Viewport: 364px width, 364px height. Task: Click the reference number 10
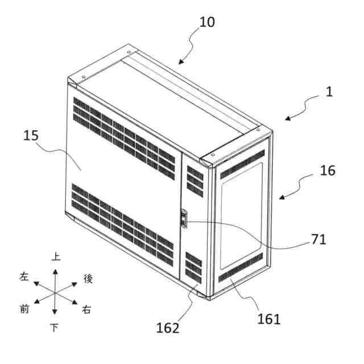(207, 23)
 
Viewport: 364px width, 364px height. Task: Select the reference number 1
(329, 92)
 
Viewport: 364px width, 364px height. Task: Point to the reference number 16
(328, 170)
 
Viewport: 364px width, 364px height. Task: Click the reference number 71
(319, 239)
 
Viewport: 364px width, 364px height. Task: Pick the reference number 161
(269, 318)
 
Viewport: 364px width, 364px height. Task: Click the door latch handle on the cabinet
(183, 219)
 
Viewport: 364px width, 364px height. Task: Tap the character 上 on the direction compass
(55, 257)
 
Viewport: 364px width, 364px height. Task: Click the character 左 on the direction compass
(24, 277)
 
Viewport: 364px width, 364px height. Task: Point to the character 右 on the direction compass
(86, 309)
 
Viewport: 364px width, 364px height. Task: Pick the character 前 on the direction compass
(24, 309)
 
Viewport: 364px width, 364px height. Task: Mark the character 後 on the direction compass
(88, 278)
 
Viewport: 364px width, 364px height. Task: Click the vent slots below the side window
(241, 268)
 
